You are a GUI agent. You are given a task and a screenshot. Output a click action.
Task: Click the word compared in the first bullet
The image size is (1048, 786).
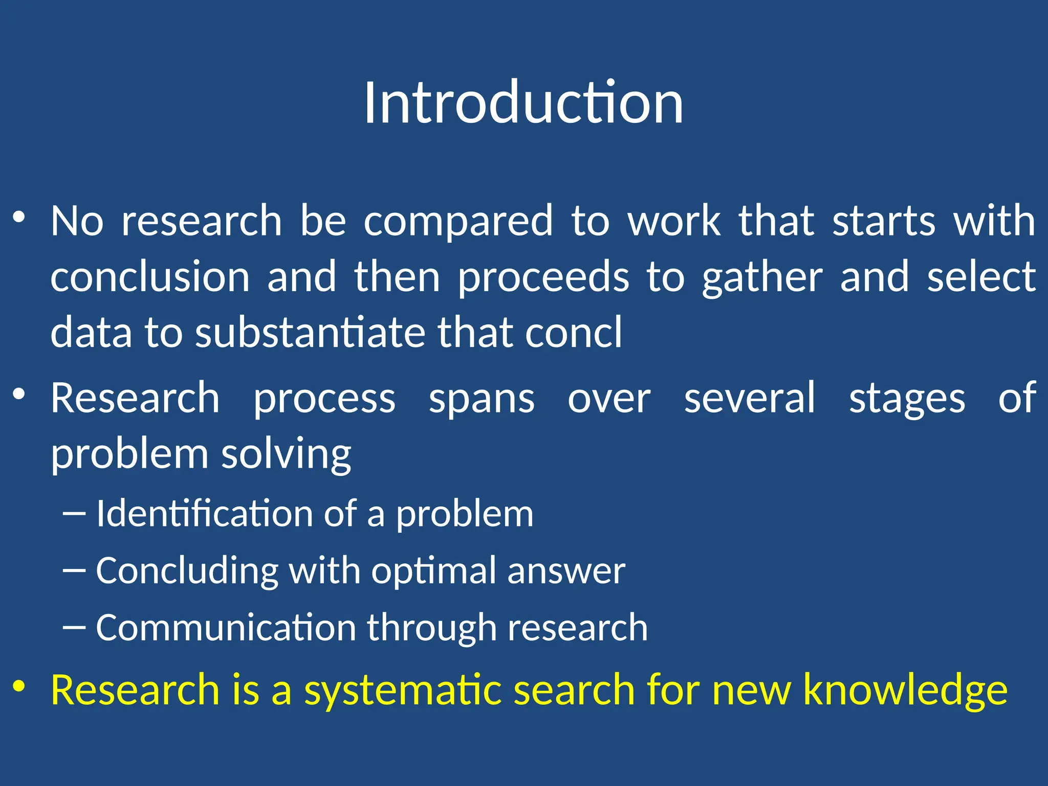458,221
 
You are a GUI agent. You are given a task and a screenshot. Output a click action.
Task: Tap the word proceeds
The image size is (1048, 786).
543,277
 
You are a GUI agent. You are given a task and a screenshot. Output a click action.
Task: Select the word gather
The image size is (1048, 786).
762,277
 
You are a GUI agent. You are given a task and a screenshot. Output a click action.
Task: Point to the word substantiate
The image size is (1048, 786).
309,333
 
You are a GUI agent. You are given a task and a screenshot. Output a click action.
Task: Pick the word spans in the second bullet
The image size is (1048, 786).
481,399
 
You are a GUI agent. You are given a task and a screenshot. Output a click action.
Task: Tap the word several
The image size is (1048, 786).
750,399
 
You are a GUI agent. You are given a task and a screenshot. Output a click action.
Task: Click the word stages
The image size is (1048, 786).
907,399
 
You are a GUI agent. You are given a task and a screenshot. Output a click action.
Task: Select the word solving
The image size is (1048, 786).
286,454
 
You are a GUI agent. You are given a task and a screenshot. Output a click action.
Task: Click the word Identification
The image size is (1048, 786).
204,514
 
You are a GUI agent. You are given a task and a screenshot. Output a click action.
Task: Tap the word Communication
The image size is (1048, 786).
226,628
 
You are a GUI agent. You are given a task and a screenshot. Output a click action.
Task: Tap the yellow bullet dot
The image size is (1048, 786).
19,686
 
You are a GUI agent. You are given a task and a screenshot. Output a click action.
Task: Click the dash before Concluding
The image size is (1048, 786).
74,570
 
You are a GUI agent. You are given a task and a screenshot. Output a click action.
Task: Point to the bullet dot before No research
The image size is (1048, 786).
19,217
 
